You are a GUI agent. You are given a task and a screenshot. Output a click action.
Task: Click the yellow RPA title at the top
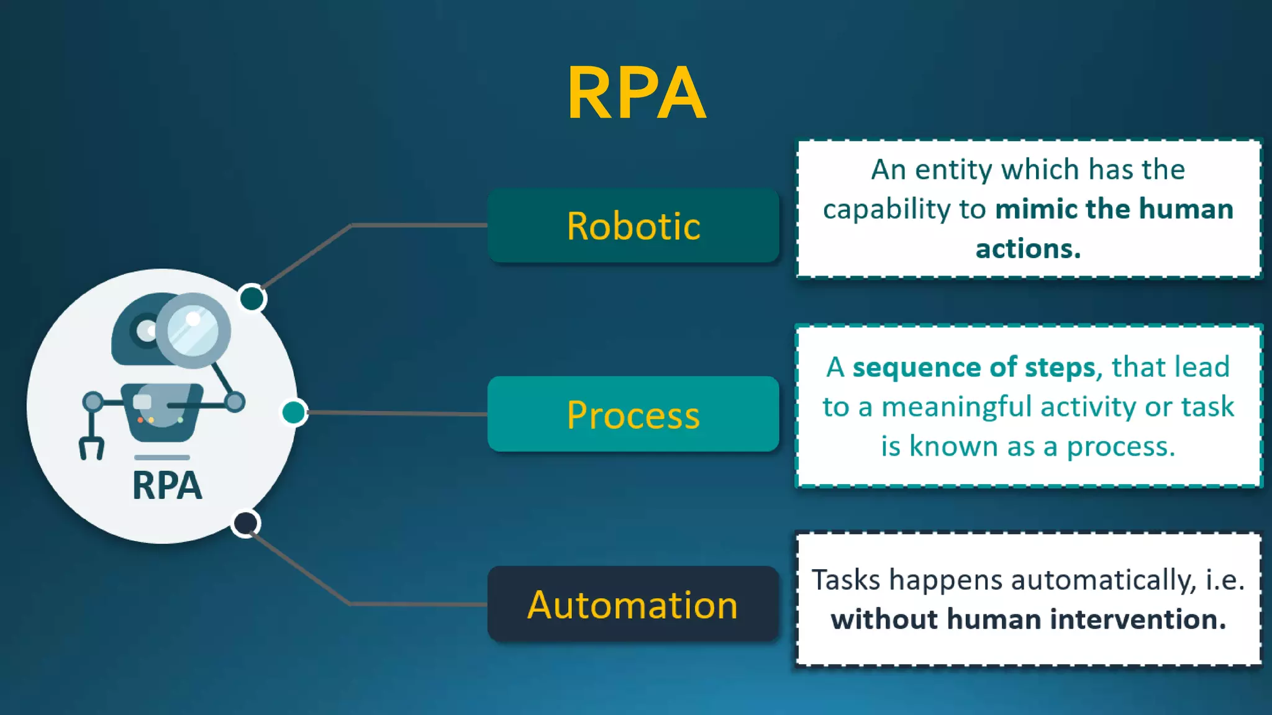(636, 93)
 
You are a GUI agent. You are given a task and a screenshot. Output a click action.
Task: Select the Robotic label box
(633, 226)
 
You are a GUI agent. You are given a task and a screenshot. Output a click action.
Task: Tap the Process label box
(633, 414)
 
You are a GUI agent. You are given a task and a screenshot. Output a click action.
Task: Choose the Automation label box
(633, 604)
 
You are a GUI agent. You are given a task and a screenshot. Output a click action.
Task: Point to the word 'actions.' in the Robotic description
(1028, 249)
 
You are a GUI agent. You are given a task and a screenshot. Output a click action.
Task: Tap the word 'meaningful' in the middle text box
(957, 407)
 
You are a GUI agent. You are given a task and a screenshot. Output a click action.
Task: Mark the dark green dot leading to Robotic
(252, 299)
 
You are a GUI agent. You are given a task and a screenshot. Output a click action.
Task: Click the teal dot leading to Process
(294, 412)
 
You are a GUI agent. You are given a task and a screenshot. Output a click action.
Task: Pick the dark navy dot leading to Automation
(245, 523)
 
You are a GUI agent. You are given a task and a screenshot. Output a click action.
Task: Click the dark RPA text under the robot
(166, 485)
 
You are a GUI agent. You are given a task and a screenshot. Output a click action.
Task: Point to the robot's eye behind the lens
(147, 330)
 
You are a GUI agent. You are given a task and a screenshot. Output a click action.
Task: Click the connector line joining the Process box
(397, 413)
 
